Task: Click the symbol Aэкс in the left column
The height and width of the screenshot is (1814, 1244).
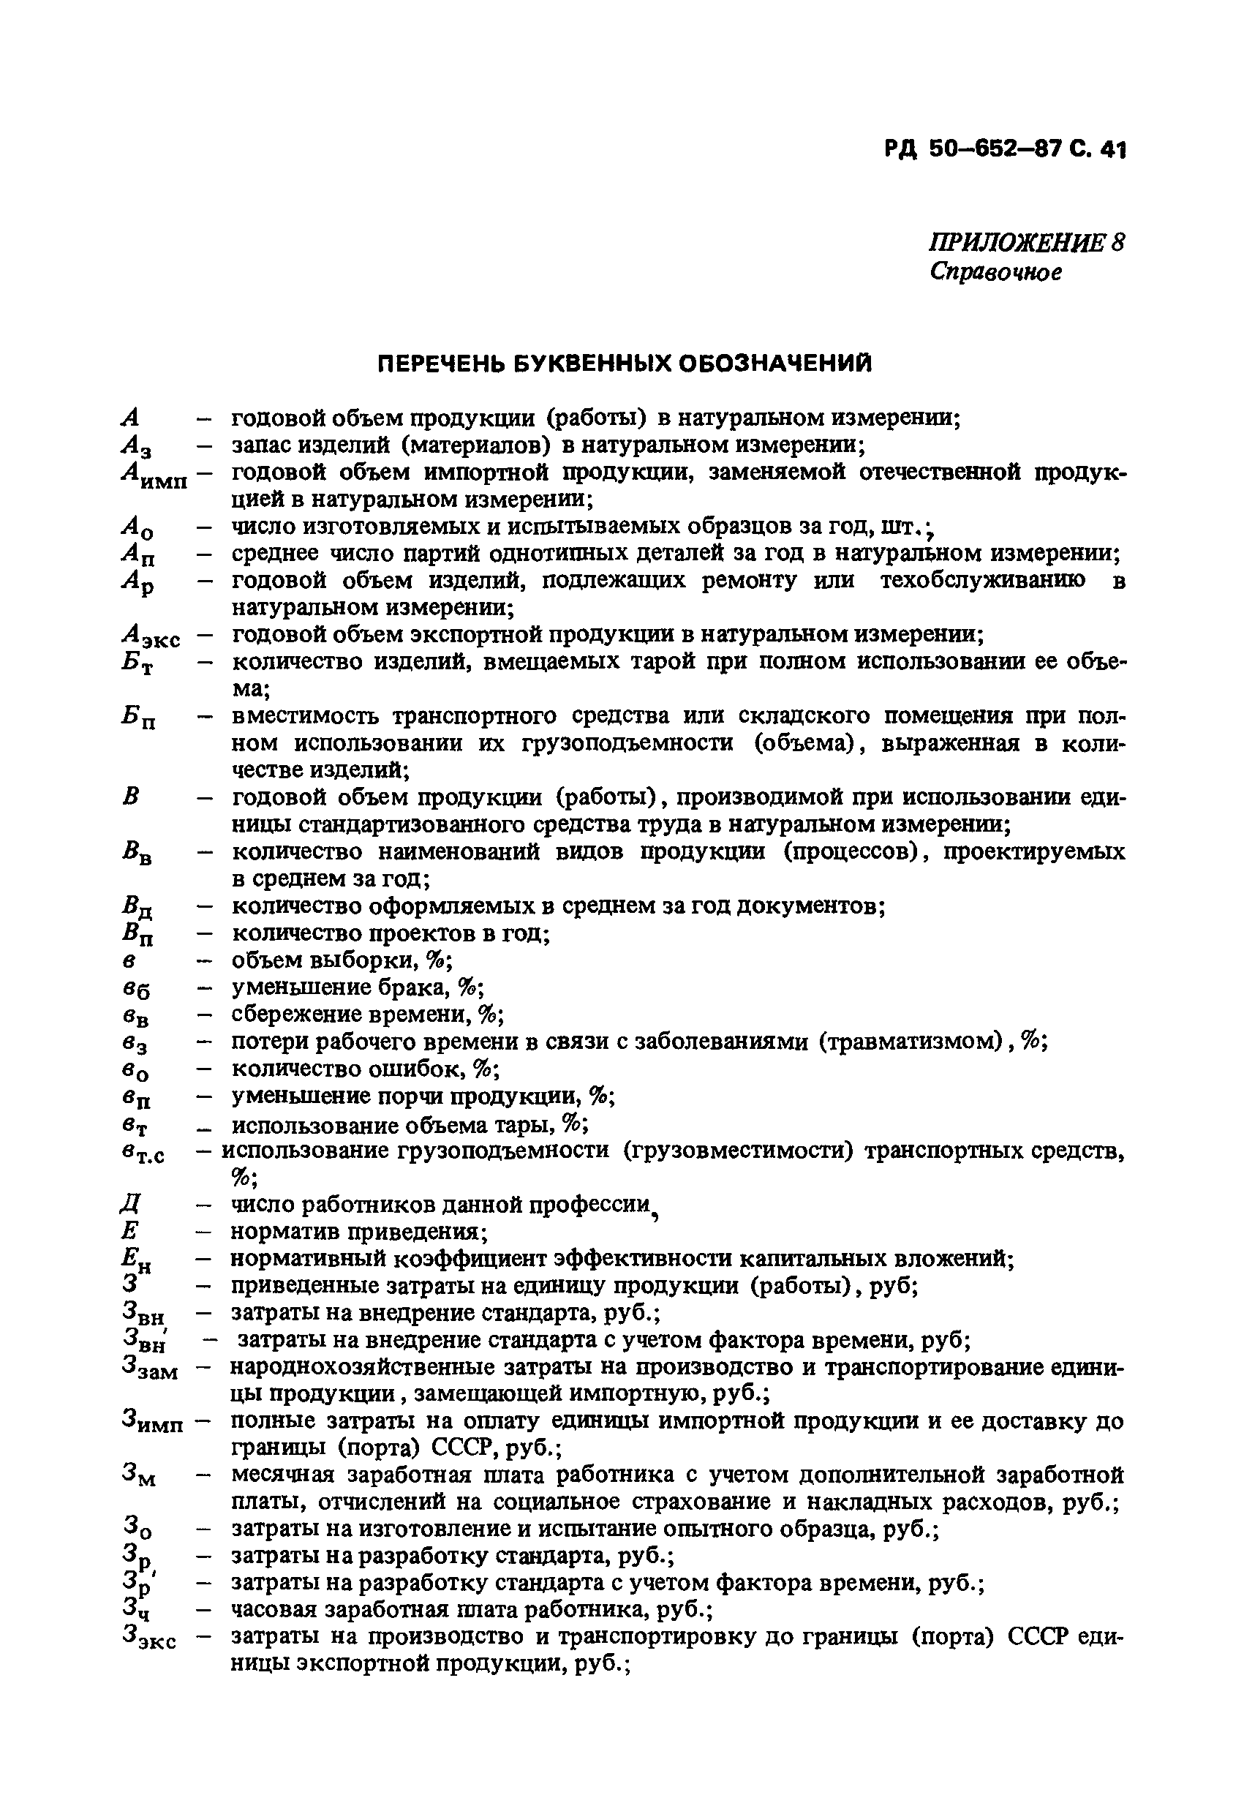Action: point(150,636)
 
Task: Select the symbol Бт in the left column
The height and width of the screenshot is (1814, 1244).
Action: point(137,663)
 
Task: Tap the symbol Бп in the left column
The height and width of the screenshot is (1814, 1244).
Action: point(138,718)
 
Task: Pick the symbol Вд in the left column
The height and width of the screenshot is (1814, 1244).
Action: point(137,908)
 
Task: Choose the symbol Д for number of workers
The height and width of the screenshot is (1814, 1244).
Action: point(129,1205)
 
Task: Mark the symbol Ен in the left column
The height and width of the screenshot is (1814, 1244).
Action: point(136,1259)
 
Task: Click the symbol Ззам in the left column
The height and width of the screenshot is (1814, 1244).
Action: point(150,1368)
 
